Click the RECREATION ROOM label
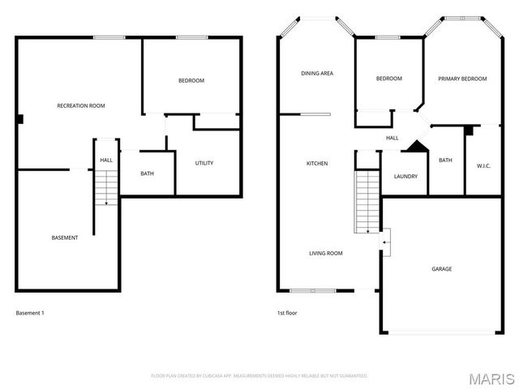tap(81, 105)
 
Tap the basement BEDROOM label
tap(191, 80)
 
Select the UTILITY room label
tap(204, 163)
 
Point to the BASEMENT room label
tap(65, 237)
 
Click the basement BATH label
tap(147, 173)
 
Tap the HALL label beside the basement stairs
tap(106, 160)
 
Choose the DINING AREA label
tap(317, 74)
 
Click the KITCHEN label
tap(316, 164)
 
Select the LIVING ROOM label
tap(326, 254)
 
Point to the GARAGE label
tap(441, 269)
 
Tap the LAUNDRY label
tap(405, 177)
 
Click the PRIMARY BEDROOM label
tap(462, 79)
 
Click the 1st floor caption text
tap(287, 312)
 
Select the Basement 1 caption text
tap(30, 312)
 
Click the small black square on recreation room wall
tap(20, 118)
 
